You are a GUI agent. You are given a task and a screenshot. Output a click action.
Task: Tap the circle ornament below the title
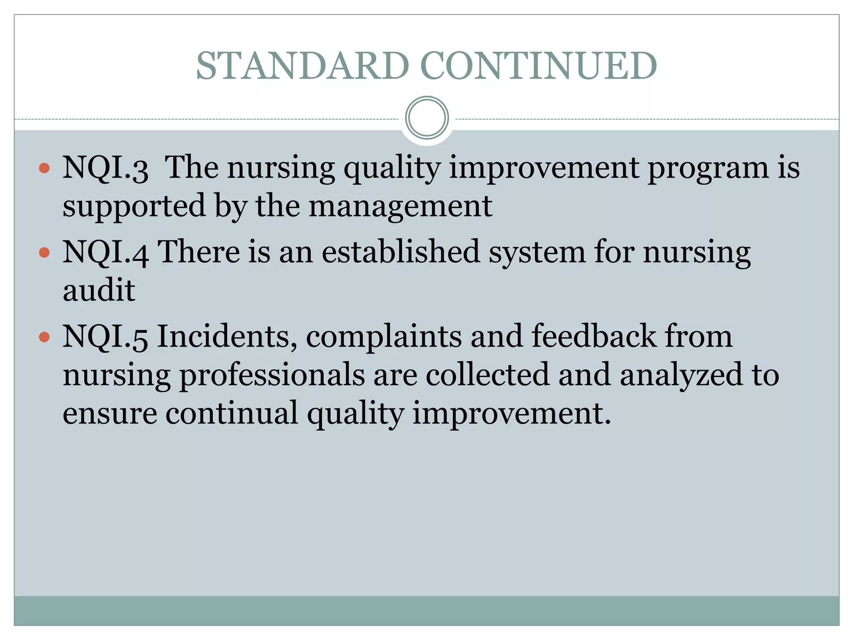click(x=427, y=118)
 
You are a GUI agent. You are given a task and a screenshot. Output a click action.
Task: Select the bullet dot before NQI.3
click(x=44, y=168)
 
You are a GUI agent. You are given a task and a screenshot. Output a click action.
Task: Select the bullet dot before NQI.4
click(x=44, y=252)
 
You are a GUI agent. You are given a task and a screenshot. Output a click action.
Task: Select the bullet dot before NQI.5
click(x=44, y=337)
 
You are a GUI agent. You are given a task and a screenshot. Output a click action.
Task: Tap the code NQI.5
click(x=105, y=336)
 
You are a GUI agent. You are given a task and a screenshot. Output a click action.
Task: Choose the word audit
click(x=99, y=290)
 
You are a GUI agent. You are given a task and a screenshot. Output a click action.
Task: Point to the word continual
click(x=232, y=413)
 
